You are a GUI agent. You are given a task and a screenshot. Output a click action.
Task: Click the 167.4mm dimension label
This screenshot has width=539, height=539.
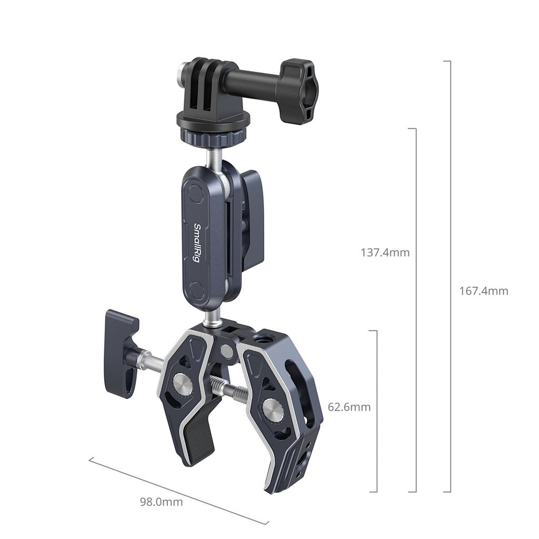(x=484, y=291)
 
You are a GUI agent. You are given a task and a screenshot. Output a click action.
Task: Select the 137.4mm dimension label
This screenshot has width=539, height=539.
(x=385, y=252)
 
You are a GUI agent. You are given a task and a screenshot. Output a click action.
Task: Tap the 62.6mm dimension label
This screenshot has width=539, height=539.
(x=349, y=407)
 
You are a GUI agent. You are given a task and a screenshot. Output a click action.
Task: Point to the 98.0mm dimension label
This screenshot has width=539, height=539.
(x=161, y=502)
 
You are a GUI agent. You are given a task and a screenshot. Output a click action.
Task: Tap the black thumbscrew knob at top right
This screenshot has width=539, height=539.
(x=297, y=91)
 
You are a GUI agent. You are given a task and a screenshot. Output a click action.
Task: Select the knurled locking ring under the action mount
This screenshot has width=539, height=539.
(x=209, y=137)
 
